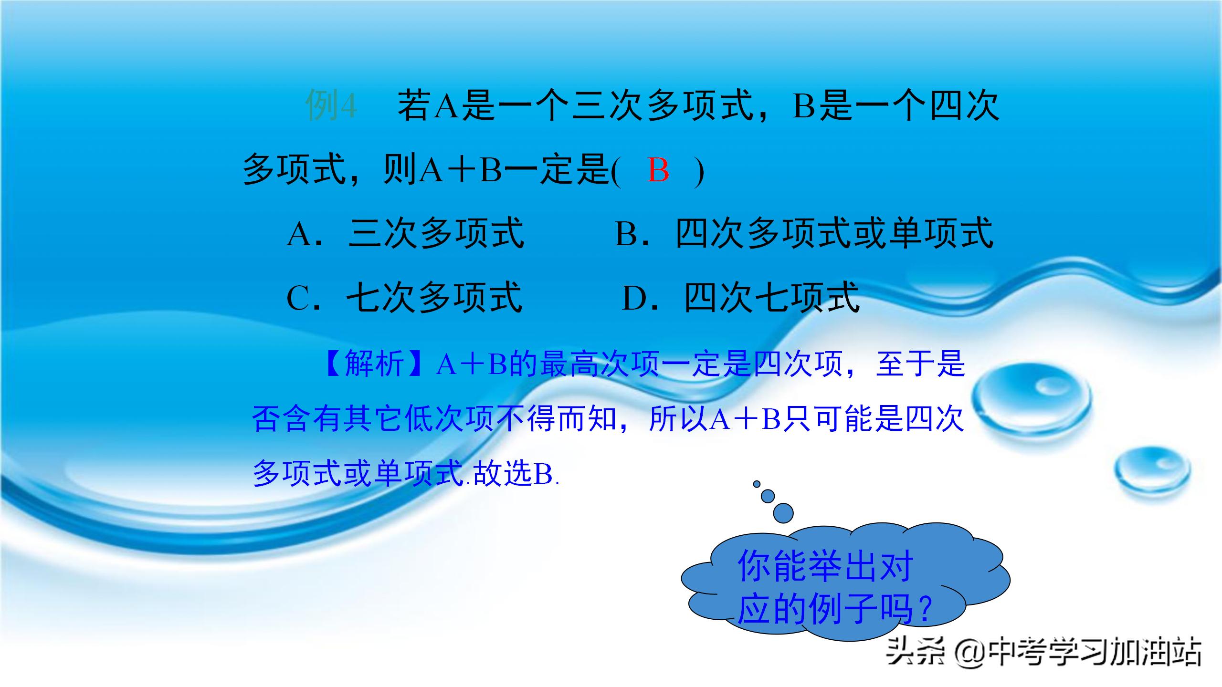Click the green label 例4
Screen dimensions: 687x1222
point(331,105)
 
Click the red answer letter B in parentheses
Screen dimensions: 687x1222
point(658,170)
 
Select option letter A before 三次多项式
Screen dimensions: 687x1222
point(299,234)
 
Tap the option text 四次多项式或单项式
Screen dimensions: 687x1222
point(834,234)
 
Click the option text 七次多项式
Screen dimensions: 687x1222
point(434,298)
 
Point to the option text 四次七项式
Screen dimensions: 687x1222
point(772,298)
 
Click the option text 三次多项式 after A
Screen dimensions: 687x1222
point(436,234)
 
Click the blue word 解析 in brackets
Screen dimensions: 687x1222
point(374,364)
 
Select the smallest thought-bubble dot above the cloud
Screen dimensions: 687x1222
point(757,484)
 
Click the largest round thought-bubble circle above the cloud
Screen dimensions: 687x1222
point(783,513)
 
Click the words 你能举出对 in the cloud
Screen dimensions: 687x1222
point(825,566)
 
